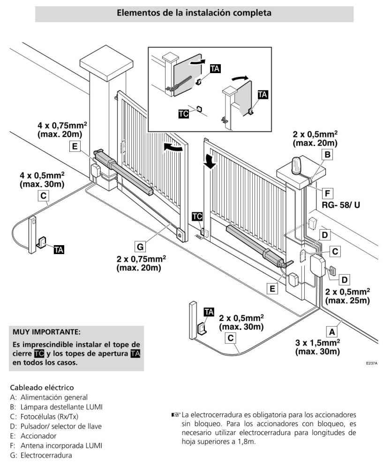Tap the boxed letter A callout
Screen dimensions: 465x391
pos(332,331)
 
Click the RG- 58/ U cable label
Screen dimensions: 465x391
pos(341,204)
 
